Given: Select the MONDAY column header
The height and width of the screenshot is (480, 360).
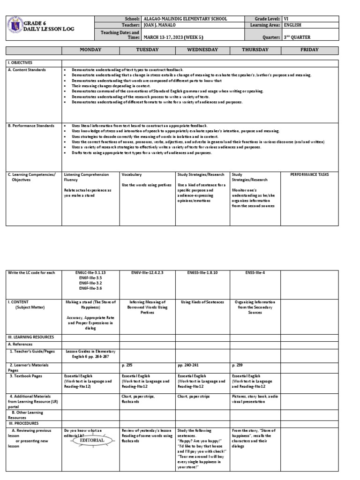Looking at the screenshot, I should coord(90,50).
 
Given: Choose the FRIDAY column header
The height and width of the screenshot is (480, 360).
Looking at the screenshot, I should coord(309,50).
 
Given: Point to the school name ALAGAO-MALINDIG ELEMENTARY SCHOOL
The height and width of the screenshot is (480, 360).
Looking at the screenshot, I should coord(185,19).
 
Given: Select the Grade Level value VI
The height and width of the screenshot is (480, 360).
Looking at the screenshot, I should coord(287,19).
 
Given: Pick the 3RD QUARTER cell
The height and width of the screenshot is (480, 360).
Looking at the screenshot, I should coord(297,37).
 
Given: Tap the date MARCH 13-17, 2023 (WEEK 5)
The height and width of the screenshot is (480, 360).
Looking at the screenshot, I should coord(173,37).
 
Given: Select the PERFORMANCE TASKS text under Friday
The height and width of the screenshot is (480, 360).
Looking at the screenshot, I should coord(309,174).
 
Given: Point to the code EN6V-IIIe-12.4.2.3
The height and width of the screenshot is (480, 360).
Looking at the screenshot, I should coord(148,272).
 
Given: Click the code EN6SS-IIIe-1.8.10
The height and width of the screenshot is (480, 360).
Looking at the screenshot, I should coord(202,272).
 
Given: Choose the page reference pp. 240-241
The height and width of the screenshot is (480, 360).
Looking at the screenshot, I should coord(187,364).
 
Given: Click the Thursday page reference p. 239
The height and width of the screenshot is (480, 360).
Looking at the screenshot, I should coord(237,364).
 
